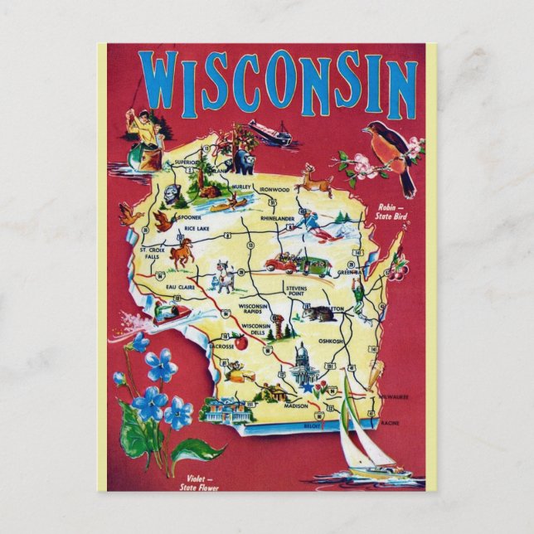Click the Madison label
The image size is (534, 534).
(296, 405)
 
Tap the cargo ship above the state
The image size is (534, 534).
(270, 133)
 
